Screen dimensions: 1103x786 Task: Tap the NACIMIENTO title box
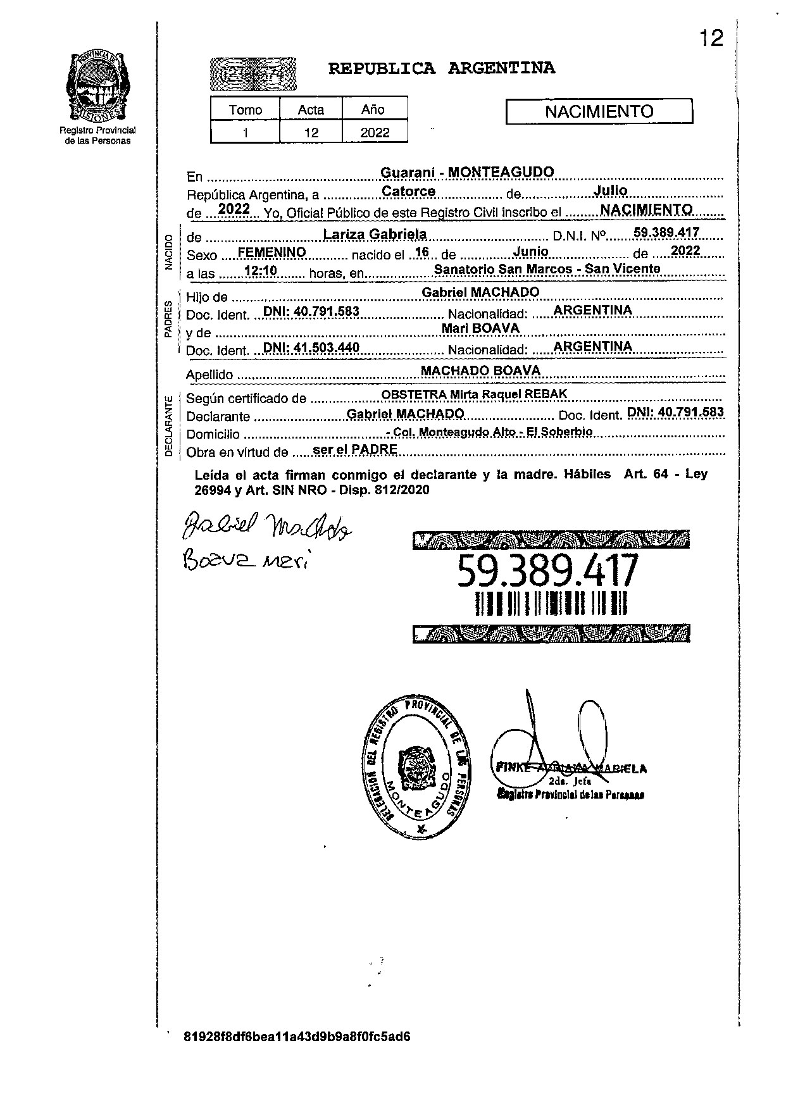(x=599, y=112)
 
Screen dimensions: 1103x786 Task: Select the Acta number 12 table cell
(x=311, y=133)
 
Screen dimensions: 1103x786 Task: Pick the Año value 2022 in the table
(x=375, y=133)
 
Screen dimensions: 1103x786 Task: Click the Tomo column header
(x=246, y=110)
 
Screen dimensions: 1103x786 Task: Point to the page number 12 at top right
(x=711, y=39)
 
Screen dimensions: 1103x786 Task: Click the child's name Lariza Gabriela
(x=375, y=234)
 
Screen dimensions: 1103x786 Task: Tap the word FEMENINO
(x=271, y=252)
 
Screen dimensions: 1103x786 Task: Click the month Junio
(x=530, y=251)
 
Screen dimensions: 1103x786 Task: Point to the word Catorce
(x=408, y=191)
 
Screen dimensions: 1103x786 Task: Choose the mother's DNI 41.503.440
(x=311, y=347)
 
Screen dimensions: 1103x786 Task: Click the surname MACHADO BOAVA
(x=481, y=371)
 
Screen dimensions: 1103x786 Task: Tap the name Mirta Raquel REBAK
(x=508, y=394)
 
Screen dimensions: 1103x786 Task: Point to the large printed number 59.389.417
(x=548, y=570)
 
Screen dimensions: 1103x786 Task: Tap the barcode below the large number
(x=551, y=604)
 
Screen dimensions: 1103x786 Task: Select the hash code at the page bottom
(x=297, y=1037)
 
